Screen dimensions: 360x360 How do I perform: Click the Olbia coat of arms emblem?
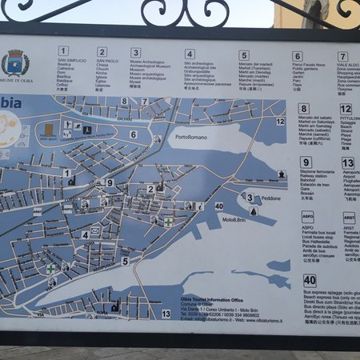pyautogui.click(x=15, y=63)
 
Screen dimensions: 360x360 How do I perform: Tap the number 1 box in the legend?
pyautogui.click(x=63, y=51)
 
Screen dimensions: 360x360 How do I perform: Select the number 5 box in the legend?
pyautogui.click(x=244, y=55)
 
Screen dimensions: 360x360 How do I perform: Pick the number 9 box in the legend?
pyautogui.click(x=306, y=162)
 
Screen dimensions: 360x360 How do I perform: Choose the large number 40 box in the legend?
pyautogui.click(x=310, y=281)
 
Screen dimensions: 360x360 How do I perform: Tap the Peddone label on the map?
pyautogui.click(x=271, y=198)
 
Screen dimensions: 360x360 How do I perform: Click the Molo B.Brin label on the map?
pyautogui.click(x=233, y=218)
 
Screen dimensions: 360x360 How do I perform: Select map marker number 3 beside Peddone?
pyautogui.click(x=249, y=198)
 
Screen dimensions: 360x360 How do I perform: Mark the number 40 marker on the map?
pyautogui.click(x=218, y=206)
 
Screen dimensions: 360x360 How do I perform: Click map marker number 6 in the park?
pyautogui.click(x=134, y=134)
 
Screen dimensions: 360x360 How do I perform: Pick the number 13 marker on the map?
pyautogui.click(x=166, y=314)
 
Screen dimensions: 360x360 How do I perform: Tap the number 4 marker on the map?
pyautogui.click(x=85, y=235)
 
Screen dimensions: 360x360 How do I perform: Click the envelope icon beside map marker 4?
pyautogui.click(x=95, y=231)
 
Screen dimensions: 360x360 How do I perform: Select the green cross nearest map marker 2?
pyautogui.click(x=169, y=222)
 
